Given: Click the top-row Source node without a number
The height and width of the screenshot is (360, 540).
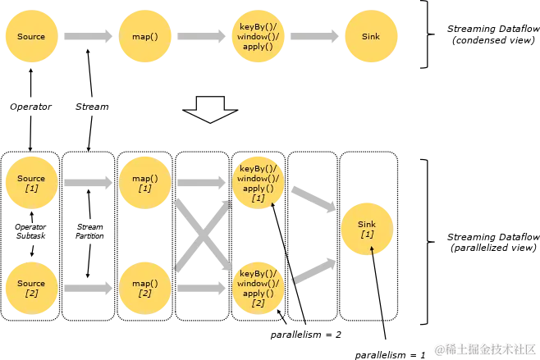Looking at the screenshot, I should coord(31,37).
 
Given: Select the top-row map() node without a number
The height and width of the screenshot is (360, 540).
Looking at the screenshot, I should coord(145,37).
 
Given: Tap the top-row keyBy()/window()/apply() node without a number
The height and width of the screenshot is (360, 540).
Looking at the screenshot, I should coord(258,37).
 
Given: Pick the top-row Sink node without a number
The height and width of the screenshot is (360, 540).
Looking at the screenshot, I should coord(370,37).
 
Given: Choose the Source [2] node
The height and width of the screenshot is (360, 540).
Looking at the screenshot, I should coord(31,288).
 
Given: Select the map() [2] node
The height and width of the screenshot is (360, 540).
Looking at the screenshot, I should coord(145,288).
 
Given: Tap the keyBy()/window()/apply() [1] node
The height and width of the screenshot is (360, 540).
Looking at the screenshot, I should coord(258,183).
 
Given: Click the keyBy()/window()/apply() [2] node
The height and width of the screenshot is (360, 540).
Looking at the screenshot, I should coord(258,288).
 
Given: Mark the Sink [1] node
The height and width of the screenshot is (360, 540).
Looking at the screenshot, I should coord(367,229).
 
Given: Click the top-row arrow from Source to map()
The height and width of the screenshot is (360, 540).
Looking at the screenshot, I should coord(88,37).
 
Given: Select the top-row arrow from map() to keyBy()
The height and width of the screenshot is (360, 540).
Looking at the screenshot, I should coord(201,37).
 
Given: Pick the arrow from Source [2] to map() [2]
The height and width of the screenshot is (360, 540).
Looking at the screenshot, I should coord(88,288).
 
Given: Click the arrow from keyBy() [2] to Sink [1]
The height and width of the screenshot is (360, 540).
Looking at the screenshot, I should coord(313,269).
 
